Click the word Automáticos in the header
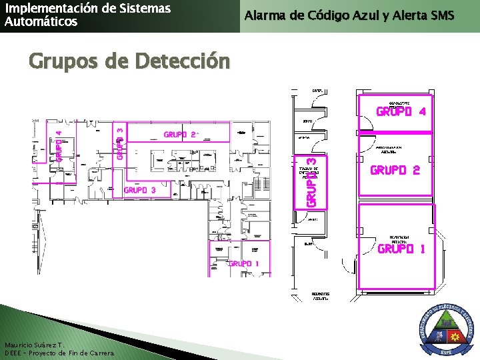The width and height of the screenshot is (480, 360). (x=41, y=21)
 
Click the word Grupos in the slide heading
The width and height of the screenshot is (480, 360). (x=64, y=61)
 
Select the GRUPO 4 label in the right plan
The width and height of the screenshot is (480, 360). (x=401, y=111)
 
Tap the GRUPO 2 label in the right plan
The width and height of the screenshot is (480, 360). (x=395, y=170)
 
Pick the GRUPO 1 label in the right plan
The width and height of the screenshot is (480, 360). (x=401, y=249)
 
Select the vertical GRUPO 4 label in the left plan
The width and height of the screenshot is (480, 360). (x=59, y=145)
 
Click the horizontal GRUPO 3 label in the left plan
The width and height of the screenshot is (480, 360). (x=140, y=190)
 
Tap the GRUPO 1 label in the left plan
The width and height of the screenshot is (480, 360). (x=244, y=263)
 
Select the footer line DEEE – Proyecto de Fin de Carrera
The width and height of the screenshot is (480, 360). (x=59, y=353)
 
